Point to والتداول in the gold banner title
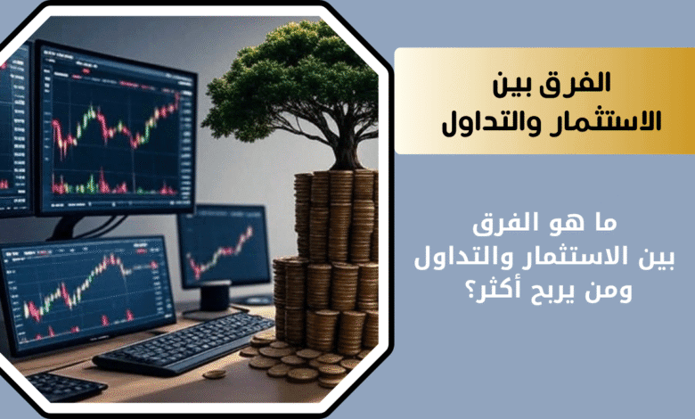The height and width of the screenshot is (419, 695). (487, 121)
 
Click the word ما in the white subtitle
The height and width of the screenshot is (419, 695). (603, 223)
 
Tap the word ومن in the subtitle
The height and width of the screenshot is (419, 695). (612, 292)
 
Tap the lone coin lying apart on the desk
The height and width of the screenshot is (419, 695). (215, 374)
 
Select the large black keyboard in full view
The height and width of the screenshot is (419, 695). (184, 342)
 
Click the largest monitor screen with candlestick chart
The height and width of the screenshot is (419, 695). (117, 128)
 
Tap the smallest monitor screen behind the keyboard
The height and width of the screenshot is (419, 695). (225, 246)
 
